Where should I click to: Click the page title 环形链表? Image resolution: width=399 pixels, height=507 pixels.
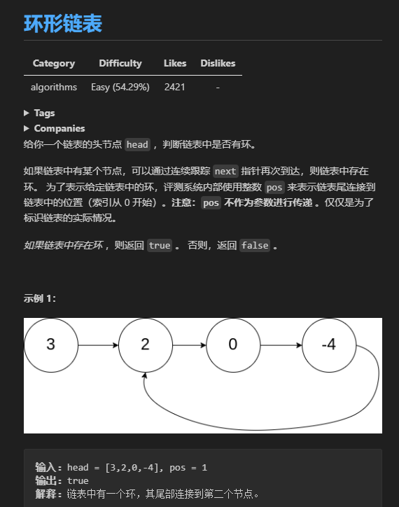pos(63,24)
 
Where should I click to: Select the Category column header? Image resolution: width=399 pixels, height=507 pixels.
pos(53,63)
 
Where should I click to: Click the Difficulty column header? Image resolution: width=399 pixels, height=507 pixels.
pos(120,63)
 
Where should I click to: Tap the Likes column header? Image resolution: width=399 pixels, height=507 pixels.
pos(175,63)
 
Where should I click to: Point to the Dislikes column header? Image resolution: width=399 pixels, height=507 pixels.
pos(218,63)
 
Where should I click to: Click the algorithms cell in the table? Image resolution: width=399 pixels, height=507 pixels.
pos(54,87)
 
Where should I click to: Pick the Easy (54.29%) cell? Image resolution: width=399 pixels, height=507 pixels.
pos(120,87)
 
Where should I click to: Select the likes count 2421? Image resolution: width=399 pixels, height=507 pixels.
pos(175,87)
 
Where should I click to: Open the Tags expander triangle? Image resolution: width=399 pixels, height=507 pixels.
pos(27,113)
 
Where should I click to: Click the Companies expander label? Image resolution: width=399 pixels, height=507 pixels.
pos(59,128)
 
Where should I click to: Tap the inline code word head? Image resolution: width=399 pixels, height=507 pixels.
pos(137,144)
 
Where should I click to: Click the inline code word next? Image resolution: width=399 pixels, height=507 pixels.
pos(225,171)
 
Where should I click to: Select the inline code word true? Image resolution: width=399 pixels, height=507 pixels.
pos(160,245)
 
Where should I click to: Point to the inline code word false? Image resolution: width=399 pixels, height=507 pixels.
pos(254,245)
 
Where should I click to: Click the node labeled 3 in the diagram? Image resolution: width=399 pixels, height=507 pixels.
pos(50,345)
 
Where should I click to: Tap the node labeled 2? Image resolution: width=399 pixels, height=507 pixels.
pos(145,345)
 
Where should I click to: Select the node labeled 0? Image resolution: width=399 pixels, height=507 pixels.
pos(233,345)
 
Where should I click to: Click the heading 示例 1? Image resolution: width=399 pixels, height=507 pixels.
pos(40,298)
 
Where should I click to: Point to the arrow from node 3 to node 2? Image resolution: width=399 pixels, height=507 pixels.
pos(98,345)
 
